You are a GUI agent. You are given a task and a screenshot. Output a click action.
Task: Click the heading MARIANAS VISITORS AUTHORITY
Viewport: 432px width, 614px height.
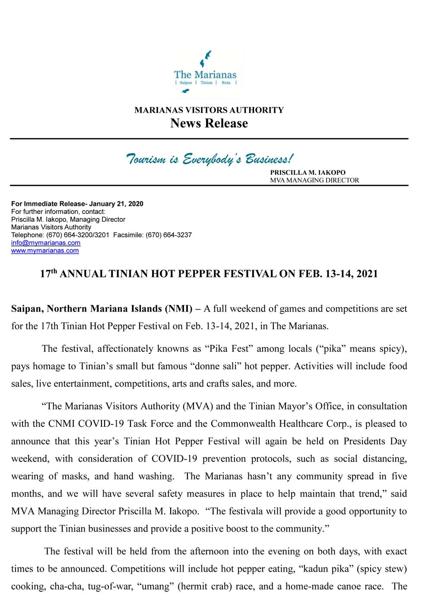(209, 110)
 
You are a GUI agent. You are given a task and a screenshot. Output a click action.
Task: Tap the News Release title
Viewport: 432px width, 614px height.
(209, 123)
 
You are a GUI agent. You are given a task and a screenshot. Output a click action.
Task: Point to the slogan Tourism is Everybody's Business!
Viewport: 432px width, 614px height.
(210, 159)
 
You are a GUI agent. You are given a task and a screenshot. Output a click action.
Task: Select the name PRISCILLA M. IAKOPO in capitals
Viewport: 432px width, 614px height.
(308, 173)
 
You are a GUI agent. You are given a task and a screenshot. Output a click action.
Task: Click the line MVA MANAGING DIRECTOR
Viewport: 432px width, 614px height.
(314, 180)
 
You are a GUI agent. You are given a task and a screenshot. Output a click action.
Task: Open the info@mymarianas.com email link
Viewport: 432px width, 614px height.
(46, 243)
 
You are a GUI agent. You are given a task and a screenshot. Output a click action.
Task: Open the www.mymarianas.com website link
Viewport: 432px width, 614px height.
(45, 251)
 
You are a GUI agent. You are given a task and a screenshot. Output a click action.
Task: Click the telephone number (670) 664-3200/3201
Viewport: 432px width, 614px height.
(78, 235)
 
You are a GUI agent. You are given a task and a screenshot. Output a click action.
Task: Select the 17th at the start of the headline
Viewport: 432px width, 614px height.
(48, 274)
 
